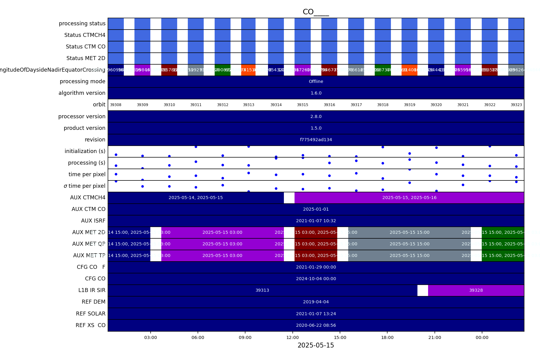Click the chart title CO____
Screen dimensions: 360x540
pos(316,12)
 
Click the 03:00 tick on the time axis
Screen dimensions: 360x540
pos(151,337)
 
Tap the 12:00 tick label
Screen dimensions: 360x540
pos(293,337)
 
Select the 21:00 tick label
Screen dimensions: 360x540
pos(435,337)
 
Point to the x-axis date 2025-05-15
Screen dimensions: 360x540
pos(316,345)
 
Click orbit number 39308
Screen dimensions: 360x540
pos(116,105)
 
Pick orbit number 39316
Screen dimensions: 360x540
pos(329,105)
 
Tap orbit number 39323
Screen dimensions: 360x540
pos(516,105)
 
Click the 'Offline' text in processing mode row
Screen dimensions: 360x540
pos(316,82)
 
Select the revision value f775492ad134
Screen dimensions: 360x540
pos(316,140)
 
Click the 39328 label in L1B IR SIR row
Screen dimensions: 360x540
pos(476,290)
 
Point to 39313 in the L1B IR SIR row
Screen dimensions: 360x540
pos(262,290)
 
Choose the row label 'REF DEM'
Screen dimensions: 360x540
pos(93,302)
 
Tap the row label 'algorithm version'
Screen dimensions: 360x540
pos(82,93)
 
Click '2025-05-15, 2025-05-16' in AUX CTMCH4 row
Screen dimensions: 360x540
pos(409,198)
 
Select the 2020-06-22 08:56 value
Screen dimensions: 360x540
pos(316,325)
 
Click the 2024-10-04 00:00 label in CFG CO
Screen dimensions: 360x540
pos(316,279)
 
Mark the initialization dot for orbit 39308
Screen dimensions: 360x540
pos(116,155)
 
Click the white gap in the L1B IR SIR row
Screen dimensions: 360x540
pos(423,290)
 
